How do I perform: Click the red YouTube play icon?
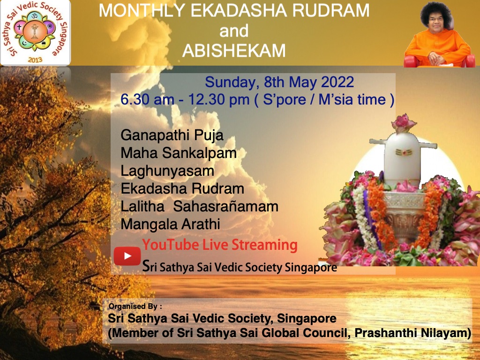pos(127,256)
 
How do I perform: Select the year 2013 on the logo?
pos(35,60)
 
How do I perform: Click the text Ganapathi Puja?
pos(172,135)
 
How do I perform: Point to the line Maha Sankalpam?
pos(179,153)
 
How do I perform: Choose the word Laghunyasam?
pos(167,171)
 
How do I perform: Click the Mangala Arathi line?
pos(170,224)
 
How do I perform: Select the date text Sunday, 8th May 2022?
pos(279,82)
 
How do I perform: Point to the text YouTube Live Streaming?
pos(220,245)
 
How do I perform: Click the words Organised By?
pos(135,307)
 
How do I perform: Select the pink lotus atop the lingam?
pos(404,122)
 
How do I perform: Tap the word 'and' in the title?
pos(233,31)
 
